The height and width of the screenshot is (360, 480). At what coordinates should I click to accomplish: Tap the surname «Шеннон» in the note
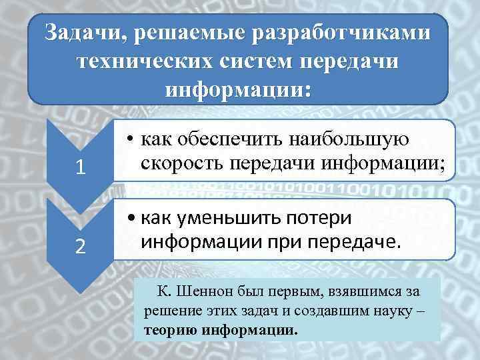201,291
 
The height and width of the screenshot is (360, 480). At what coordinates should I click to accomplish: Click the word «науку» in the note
393,312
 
